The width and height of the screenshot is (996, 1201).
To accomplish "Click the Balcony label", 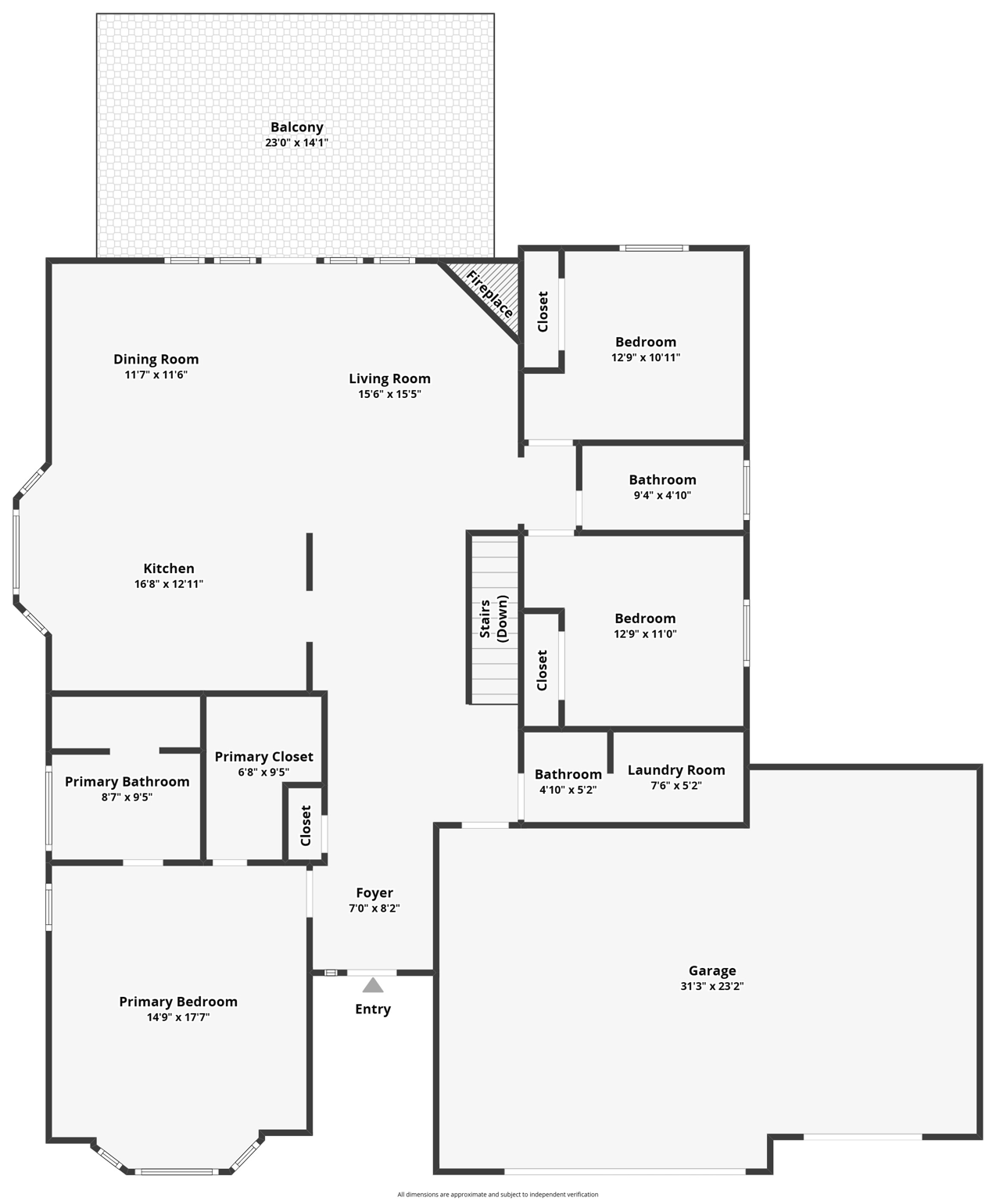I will (296, 127).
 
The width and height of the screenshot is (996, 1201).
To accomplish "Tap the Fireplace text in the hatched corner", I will (490, 295).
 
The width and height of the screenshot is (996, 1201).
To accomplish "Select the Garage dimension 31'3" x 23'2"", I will (711, 987).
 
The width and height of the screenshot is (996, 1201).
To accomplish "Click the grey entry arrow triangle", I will (373, 985).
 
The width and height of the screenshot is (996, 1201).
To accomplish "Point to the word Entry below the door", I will (373, 1009).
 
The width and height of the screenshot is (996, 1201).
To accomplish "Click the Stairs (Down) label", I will (493, 618).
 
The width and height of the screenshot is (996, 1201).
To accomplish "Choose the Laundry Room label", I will (676, 770).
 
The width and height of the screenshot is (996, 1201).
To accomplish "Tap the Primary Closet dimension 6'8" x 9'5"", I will (263, 773).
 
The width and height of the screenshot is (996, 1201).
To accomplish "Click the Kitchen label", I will (169, 568).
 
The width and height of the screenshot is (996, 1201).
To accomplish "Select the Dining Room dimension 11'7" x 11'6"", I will (156, 375).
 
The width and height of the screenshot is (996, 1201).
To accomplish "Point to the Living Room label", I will (389, 378).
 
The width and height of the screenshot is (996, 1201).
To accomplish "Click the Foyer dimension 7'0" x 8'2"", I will (374, 909).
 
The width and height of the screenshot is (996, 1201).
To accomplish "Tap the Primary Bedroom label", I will (178, 1002).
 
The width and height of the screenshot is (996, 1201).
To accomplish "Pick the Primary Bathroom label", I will (127, 782).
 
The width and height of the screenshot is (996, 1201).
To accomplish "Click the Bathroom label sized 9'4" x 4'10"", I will (662, 480).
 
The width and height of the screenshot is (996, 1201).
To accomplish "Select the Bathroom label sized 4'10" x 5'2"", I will (568, 775).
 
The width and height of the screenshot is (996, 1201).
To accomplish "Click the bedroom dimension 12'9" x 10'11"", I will (646, 358).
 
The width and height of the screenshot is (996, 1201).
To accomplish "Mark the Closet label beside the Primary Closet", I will (306, 826).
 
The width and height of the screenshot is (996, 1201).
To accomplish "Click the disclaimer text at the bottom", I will (497, 1195).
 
